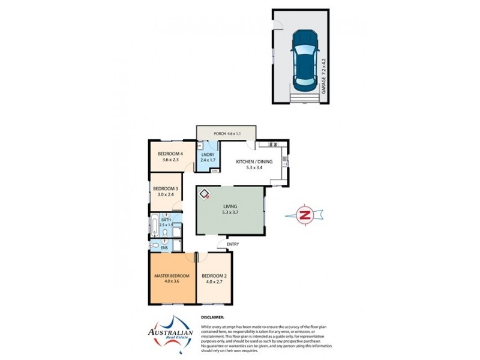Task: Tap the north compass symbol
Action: tap(306, 215)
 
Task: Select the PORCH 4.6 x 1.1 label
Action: tap(226, 133)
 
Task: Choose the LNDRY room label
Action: tap(208, 157)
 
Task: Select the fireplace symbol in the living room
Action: tap(205, 194)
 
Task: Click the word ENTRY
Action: tap(233, 244)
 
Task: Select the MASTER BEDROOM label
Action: tap(172, 279)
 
